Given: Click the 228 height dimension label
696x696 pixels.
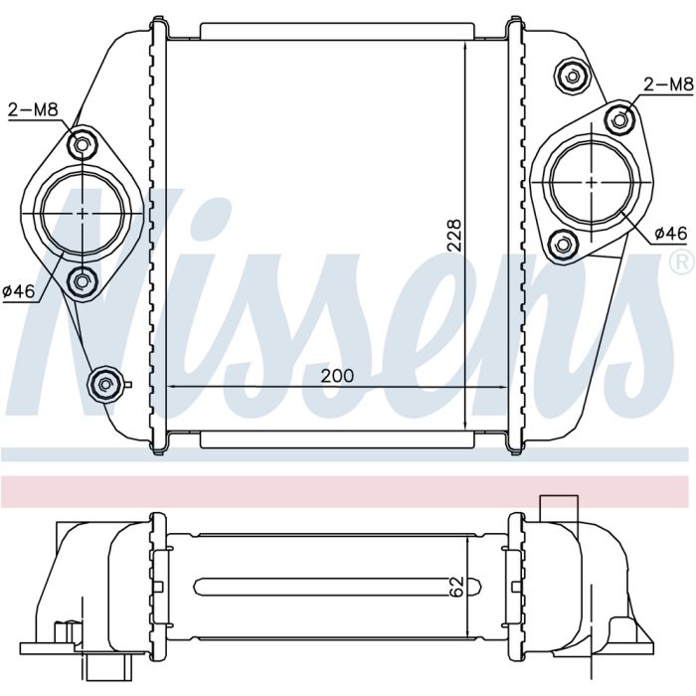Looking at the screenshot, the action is click(454, 236).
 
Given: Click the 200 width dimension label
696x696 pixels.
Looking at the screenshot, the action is click(337, 376).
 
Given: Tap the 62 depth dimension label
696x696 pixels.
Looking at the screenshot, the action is click(457, 586).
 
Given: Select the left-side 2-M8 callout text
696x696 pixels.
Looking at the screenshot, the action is click(33, 109).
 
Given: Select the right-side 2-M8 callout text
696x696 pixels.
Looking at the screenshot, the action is click(668, 84).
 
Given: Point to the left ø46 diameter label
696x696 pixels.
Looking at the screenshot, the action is click(19, 291).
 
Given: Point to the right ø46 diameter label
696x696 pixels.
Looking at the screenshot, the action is click(671, 233).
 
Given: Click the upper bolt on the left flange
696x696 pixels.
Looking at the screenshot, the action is click(82, 145).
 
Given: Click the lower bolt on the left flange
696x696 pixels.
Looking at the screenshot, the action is click(82, 281).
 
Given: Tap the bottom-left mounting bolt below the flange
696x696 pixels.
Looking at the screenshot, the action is click(104, 385).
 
